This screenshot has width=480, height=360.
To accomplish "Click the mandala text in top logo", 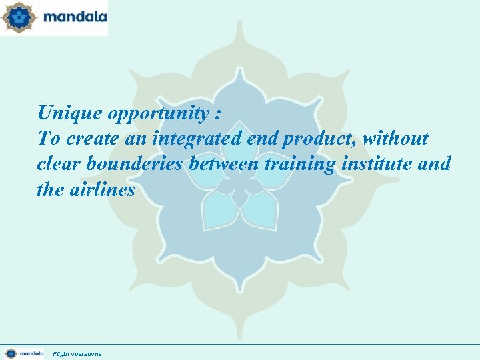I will (x=75, y=17).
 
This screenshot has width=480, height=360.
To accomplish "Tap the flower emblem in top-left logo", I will (x=18, y=17).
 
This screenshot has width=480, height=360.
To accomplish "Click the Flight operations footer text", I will (x=77, y=353).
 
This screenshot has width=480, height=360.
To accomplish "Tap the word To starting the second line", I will (x=49, y=139).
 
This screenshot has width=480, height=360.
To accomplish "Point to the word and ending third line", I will (x=437, y=164).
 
